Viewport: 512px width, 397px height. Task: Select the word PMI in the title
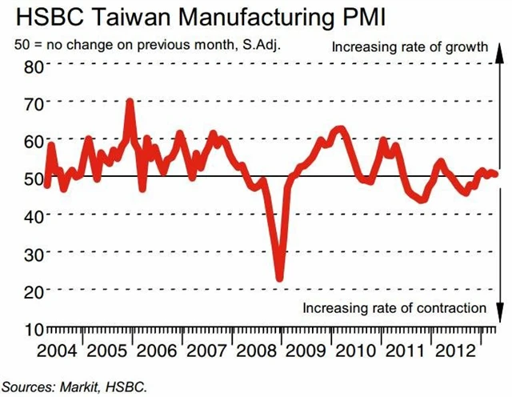click(x=361, y=18)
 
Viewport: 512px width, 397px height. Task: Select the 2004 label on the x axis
click(x=57, y=351)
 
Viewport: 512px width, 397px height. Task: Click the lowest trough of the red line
click(x=279, y=279)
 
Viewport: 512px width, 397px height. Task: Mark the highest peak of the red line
click(x=130, y=103)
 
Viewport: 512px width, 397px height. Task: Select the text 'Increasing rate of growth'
click(x=410, y=47)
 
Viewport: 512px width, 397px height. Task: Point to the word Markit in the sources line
click(x=79, y=387)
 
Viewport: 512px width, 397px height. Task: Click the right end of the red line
click(x=496, y=174)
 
